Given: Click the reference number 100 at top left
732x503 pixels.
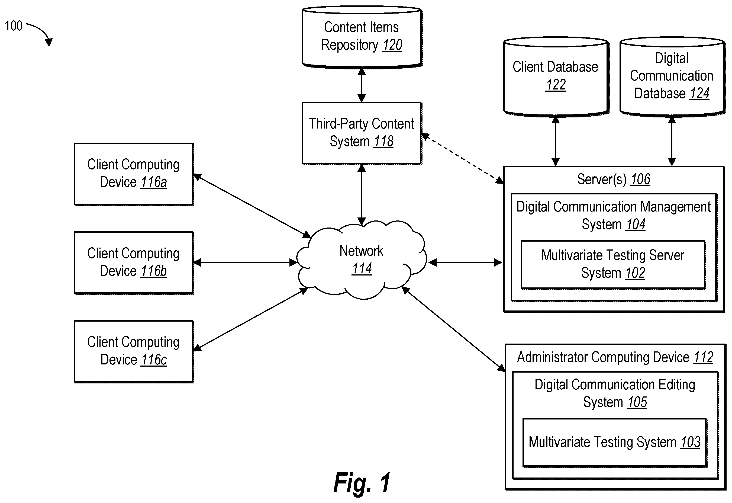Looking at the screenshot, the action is (14, 26).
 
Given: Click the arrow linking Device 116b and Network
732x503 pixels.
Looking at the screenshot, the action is (245, 262).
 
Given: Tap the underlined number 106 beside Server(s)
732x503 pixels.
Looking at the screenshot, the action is (640, 180).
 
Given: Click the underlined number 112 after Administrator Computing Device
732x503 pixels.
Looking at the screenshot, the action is (703, 357).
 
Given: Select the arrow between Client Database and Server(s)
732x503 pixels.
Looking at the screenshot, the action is (556, 141).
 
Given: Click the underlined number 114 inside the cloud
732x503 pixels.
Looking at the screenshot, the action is (362, 269).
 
